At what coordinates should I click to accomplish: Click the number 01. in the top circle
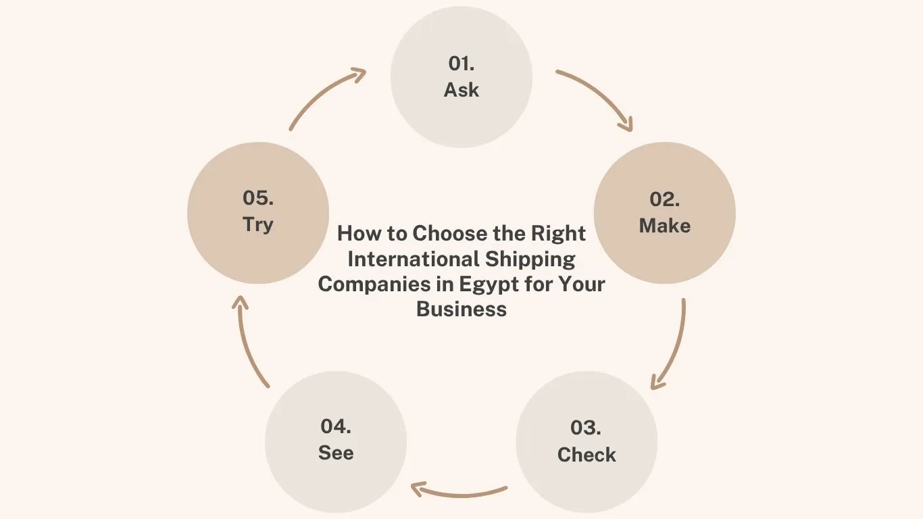click(x=461, y=64)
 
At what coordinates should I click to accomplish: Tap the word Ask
click(x=461, y=90)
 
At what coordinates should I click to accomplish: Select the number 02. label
click(x=665, y=199)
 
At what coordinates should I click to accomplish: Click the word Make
click(x=665, y=226)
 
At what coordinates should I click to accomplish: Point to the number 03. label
click(x=587, y=428)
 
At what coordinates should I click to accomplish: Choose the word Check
click(x=587, y=455)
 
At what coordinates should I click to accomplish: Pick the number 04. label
click(x=336, y=426)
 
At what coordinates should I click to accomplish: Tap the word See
click(x=336, y=453)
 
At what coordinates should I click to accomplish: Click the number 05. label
click(x=258, y=198)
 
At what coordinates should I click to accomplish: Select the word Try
click(x=258, y=224)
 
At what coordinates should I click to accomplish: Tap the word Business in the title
click(x=461, y=309)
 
